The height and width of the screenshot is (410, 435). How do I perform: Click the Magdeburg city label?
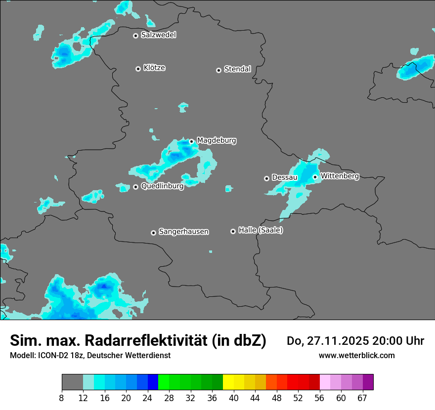217,141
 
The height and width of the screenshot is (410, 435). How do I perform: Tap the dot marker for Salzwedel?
135,36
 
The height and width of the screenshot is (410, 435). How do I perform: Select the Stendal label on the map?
237,69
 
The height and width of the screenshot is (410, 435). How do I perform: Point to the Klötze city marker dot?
138,69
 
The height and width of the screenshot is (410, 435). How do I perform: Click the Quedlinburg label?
162,186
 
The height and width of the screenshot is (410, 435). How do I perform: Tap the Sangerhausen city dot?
153,233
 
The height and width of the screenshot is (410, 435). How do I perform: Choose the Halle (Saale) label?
261,230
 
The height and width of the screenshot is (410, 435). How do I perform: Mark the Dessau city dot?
266,178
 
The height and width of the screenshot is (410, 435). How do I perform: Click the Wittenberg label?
340,176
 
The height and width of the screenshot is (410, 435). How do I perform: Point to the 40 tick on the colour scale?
234,398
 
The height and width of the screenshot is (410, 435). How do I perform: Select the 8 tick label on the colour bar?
62,398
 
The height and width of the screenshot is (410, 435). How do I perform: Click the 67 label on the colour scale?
362,398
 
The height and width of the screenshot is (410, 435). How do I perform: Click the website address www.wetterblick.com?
356,355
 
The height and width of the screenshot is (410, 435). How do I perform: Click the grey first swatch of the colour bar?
72,382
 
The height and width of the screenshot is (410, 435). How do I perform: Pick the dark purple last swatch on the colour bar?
368,382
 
